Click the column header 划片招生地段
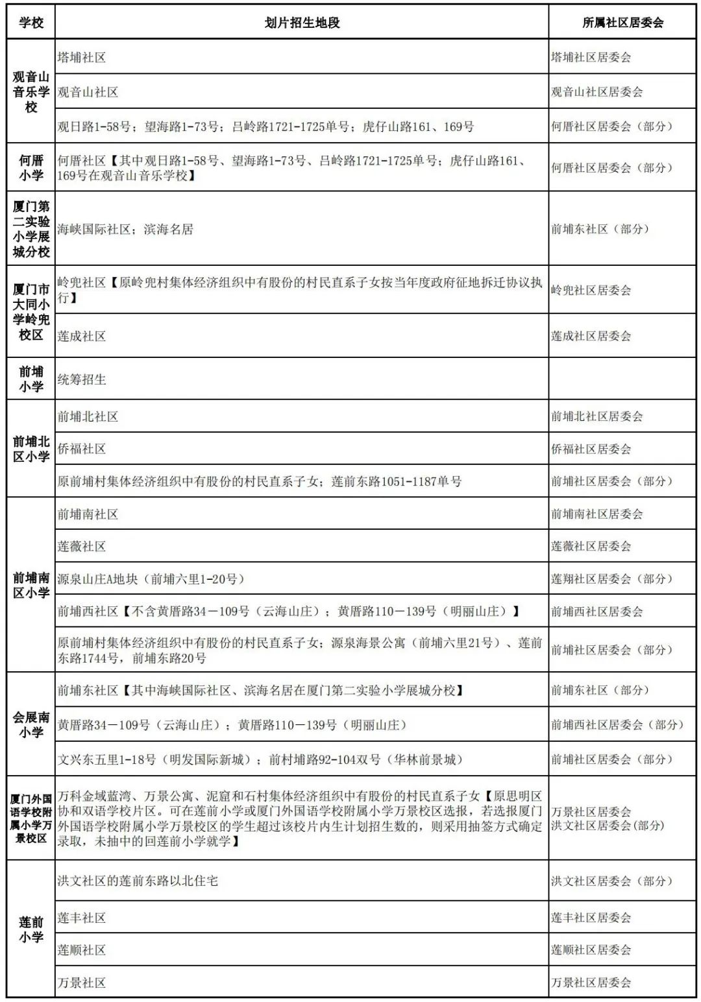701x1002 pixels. [302, 23]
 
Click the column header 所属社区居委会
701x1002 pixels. [622, 23]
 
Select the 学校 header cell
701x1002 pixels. [31, 23]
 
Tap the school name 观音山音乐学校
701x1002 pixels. [31, 91]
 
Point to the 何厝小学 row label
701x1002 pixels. [31, 167]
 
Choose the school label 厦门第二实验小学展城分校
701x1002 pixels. [31, 228]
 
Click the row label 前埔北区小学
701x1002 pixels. [31, 449]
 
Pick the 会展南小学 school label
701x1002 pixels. [31, 724]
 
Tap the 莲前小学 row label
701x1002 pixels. [31, 929]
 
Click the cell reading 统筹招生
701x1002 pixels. [82, 379]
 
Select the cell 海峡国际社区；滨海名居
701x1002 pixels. [125, 229]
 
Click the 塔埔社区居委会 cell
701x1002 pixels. [591, 57]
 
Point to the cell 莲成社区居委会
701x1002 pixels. [591, 336]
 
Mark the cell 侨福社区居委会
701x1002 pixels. [591, 449]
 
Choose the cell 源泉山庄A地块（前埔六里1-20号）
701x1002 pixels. [151, 579]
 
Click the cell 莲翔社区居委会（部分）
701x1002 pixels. [612, 579]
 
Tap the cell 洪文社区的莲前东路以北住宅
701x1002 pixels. [138, 881]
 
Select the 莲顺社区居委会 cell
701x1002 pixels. [591, 950]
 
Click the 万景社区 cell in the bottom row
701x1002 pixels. [82, 983]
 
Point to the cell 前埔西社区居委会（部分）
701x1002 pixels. [618, 724]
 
